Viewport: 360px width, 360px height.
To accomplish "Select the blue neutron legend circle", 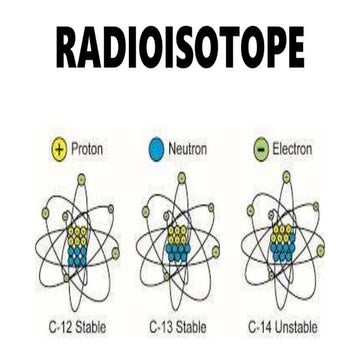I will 156,150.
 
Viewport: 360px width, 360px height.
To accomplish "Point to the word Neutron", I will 190,150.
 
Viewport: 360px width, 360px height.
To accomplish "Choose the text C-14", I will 257,326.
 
